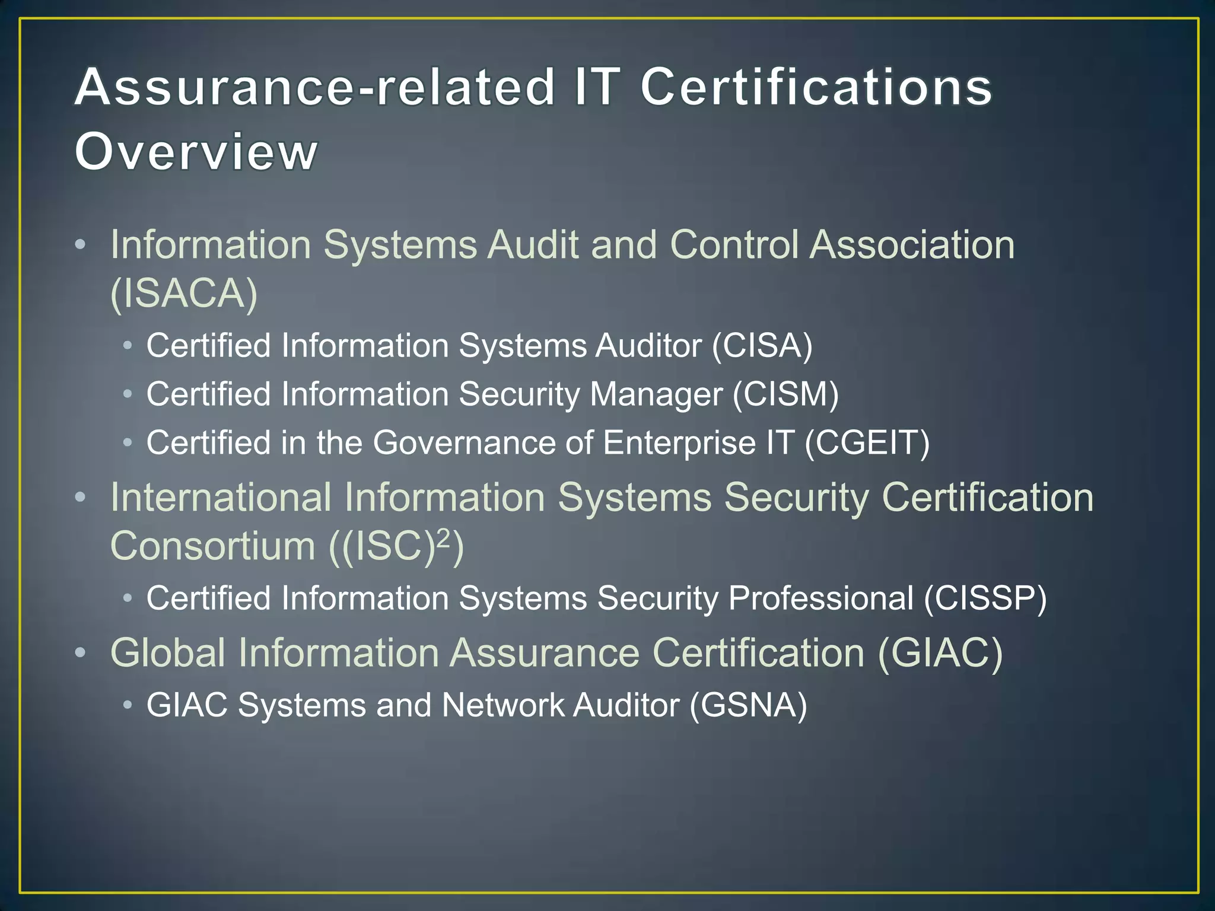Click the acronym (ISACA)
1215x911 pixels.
184,293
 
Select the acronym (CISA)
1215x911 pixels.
762,346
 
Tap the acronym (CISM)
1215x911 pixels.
785,394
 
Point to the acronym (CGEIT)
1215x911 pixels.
867,443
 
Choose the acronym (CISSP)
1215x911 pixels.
985,598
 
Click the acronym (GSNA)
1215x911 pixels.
748,706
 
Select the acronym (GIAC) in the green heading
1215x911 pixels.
940,653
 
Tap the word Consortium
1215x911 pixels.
213,546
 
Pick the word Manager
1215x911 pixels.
656,394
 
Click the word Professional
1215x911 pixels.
821,598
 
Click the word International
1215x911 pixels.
221,497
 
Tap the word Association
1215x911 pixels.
912,244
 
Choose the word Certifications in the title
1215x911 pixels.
816,87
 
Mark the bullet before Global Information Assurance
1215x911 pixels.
81,653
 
